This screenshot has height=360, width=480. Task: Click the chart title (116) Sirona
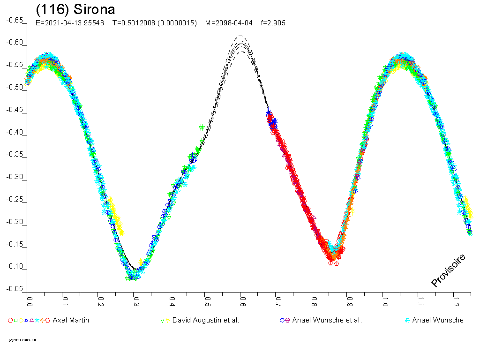75,9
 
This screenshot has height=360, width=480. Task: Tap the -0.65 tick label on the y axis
15,21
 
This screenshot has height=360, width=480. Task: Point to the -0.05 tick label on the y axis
15,289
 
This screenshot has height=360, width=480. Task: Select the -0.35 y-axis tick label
15,155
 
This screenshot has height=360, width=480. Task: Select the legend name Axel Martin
71,320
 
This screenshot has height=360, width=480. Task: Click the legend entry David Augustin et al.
206,320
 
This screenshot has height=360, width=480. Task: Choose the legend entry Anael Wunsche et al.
327,320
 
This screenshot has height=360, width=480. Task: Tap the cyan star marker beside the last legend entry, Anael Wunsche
407,320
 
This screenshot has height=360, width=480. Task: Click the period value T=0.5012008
155,22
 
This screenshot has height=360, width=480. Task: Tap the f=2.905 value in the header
272,22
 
